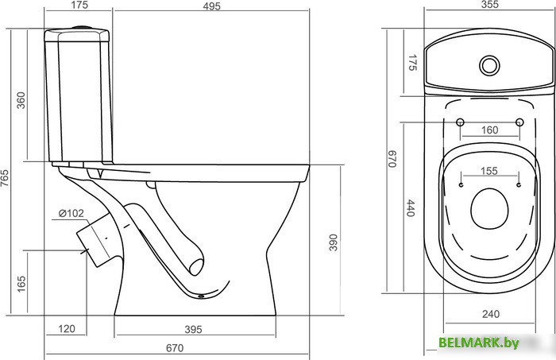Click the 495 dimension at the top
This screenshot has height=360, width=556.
tap(212, 6)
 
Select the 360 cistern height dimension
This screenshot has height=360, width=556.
tap(21, 100)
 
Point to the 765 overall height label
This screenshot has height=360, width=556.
tap(5, 178)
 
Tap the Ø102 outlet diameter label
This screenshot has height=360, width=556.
tap(71, 213)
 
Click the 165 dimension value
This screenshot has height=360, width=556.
tap(21, 284)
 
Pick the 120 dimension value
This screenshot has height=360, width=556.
tap(66, 329)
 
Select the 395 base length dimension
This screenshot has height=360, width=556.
tap(193, 330)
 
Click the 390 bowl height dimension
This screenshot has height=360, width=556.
tap(333, 242)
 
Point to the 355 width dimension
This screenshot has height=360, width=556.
tap(490, 4)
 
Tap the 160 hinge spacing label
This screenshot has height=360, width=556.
tap(490, 130)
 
